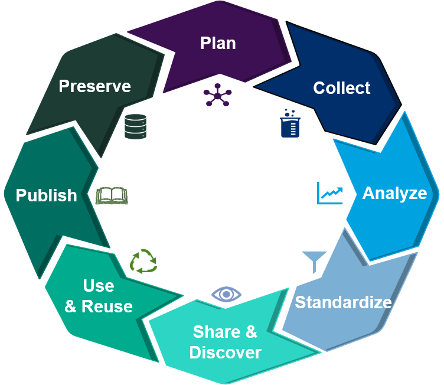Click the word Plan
tap(218, 43)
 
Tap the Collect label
tap(341, 88)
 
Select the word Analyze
tap(394, 193)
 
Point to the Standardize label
tap(343, 302)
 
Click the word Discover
tap(225, 353)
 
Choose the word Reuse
tap(107, 306)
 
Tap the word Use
tap(99, 286)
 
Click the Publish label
tap(46, 195)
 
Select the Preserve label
tap(94, 86)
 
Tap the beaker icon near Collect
tap(290, 123)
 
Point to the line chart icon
tap(329, 193)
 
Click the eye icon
tap(226, 293)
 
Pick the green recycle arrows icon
tap(143, 261)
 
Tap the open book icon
tap(112, 195)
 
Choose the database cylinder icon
tap(135, 126)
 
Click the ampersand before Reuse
tap(70, 307)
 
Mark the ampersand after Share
tap(251, 332)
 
